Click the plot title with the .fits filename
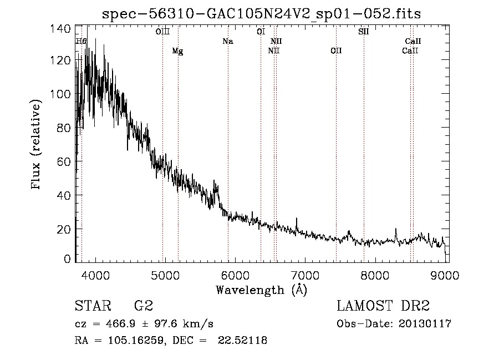(261, 14)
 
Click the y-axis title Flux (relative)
(37, 145)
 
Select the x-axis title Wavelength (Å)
(261, 290)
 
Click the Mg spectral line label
(177, 51)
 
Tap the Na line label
(227, 42)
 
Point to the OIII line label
(162, 32)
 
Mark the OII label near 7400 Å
(336, 51)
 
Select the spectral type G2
(144, 306)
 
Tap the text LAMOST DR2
(383, 306)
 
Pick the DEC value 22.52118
(243, 341)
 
